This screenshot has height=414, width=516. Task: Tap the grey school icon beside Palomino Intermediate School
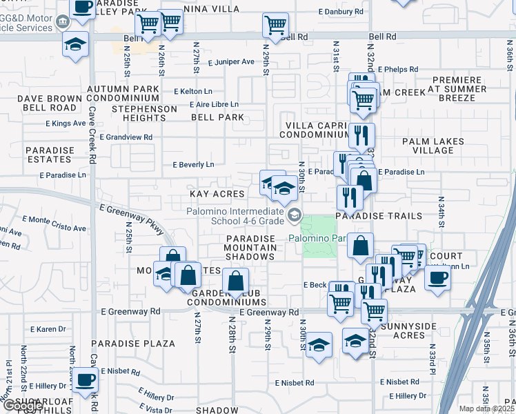tap(295, 216)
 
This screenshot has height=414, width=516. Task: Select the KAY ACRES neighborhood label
tap(217, 194)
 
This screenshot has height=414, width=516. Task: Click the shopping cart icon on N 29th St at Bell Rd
tap(275, 26)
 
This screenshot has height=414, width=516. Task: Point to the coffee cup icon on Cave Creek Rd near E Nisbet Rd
tap(86, 379)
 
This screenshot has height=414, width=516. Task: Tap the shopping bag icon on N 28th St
tap(236, 281)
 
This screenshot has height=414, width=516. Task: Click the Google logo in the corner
tap(22, 406)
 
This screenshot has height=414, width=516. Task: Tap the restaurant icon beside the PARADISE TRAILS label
tap(350, 197)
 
